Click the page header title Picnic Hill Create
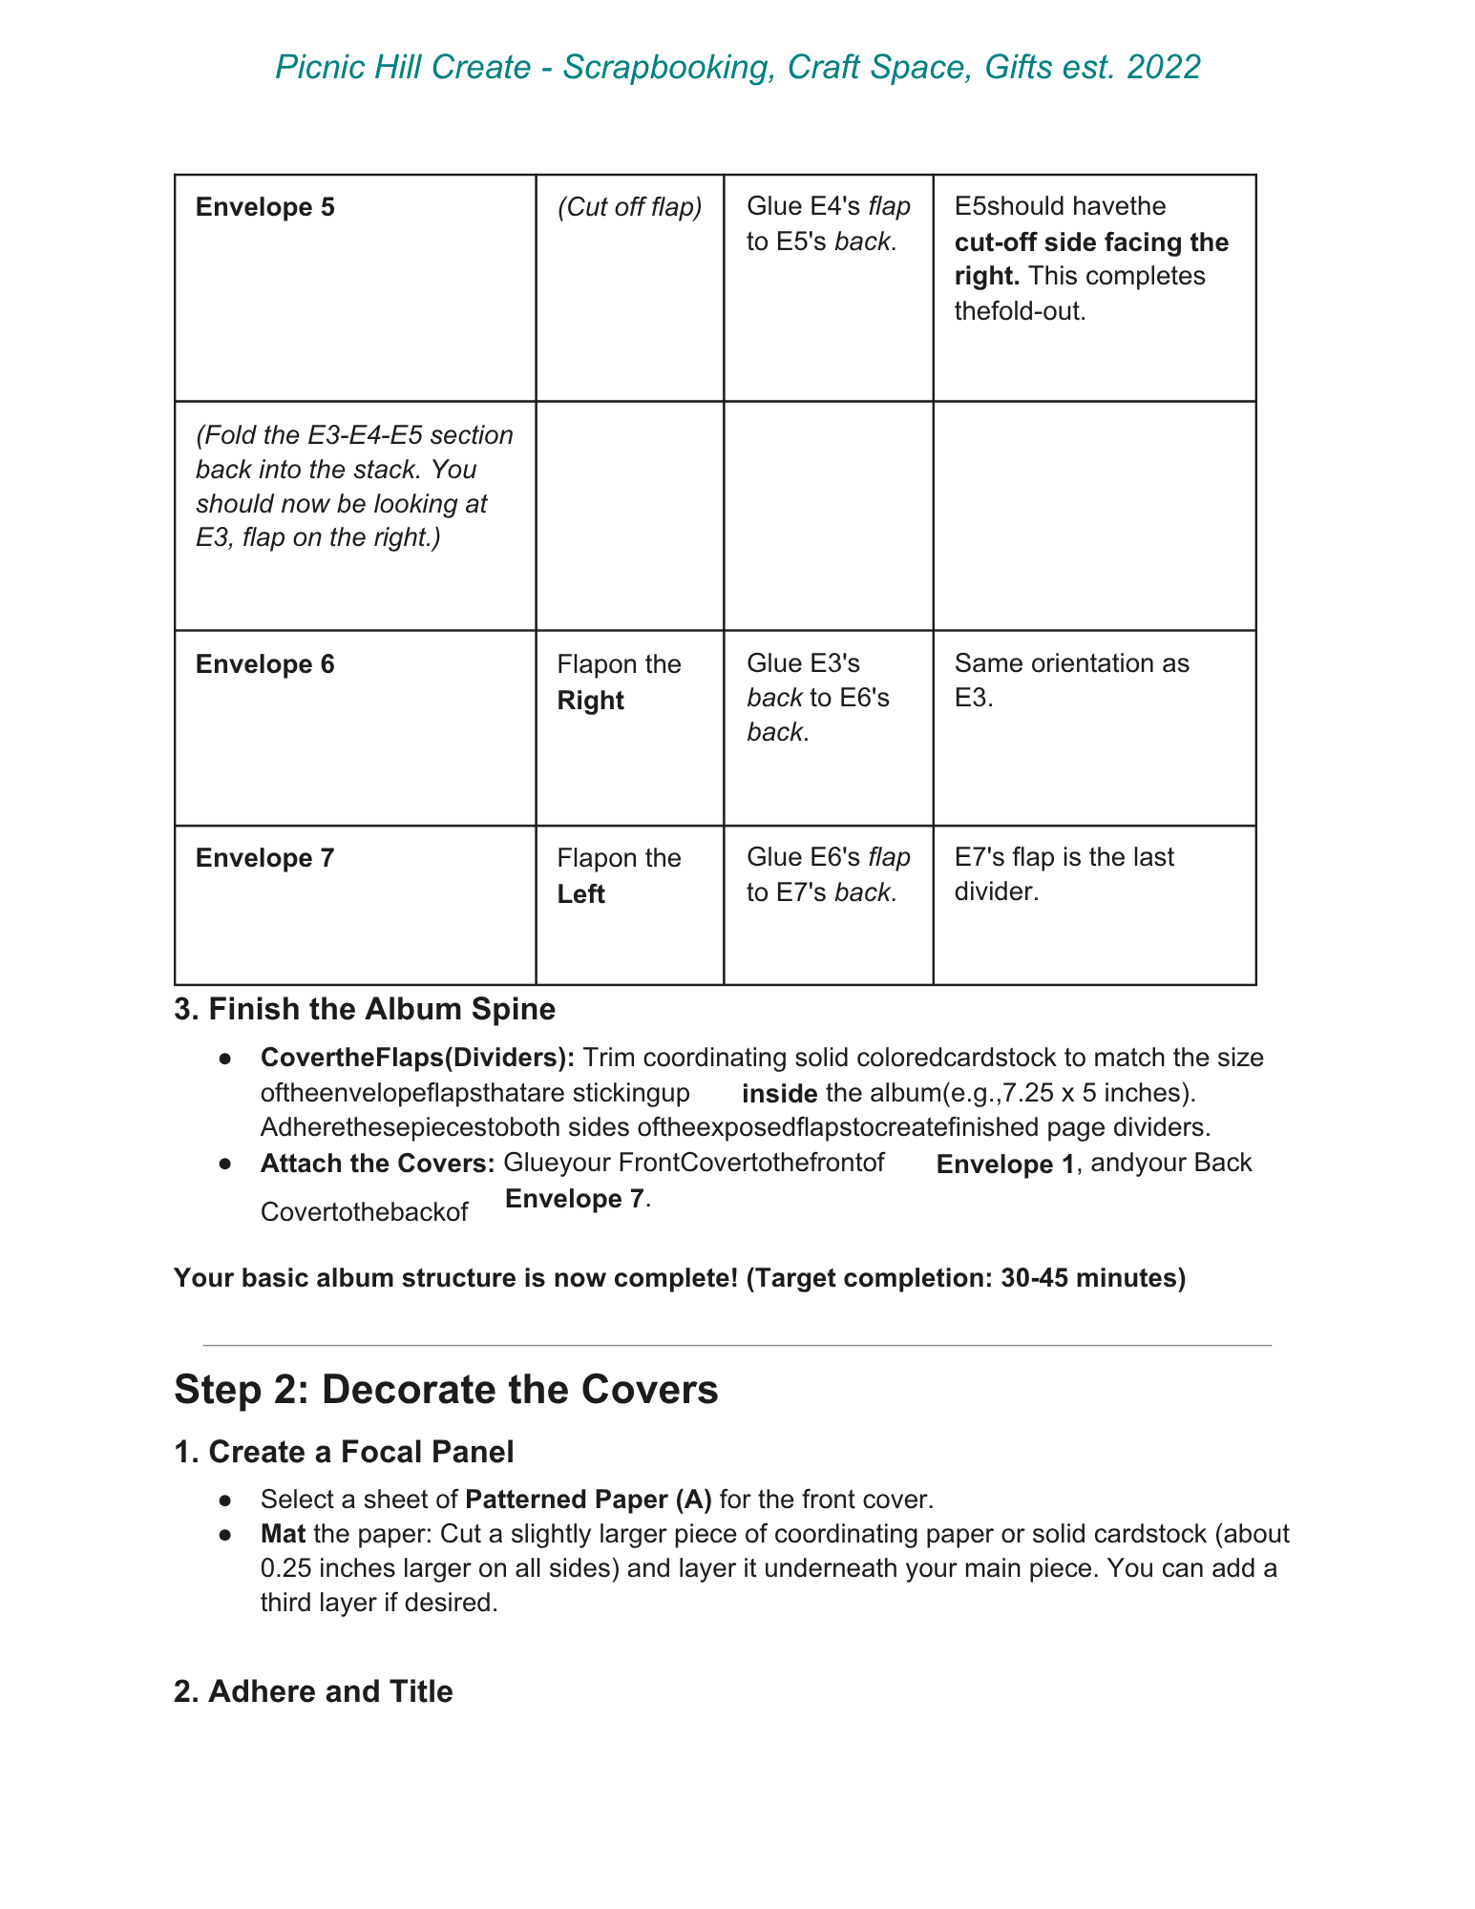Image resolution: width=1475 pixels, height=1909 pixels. pos(737,68)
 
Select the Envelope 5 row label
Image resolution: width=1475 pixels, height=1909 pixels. pos(265,207)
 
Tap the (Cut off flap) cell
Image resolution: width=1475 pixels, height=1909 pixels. pos(629,207)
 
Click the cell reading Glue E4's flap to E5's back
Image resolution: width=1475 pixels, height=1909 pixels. pos(828,224)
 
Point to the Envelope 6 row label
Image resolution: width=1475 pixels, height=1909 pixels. pos(265,664)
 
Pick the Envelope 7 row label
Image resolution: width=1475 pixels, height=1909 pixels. pos(265,858)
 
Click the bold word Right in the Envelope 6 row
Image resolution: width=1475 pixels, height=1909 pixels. pos(590,701)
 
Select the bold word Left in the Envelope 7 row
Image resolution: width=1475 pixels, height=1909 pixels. pos(580,894)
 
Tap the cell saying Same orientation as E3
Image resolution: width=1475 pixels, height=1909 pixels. pos(1071,681)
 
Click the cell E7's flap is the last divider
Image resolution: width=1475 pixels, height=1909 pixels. pos(1064,874)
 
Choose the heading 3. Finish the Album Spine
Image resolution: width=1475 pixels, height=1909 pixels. pos(365,1009)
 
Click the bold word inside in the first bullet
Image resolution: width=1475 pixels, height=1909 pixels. pos(779,1094)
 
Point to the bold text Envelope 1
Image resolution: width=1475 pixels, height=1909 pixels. pos(1005,1164)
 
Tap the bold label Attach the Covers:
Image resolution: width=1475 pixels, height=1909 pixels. pos(377,1164)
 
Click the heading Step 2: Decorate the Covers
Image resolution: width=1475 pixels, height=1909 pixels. pos(446,1390)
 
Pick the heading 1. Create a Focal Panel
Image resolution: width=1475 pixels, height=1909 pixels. pos(344,1452)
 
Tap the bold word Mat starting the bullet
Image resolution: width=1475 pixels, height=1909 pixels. pos(283,1534)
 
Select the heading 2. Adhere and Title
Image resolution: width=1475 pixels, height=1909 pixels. pos(313,1691)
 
